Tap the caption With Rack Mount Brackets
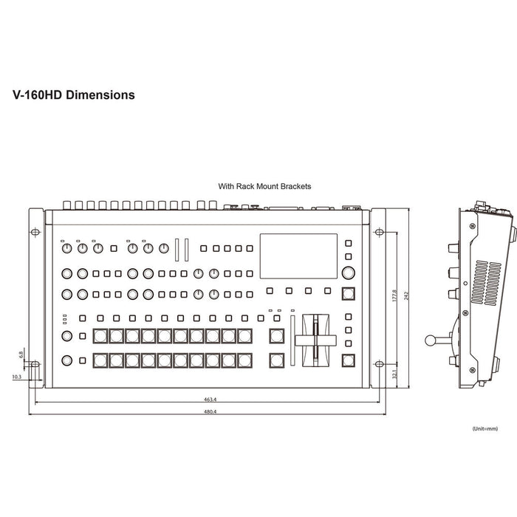tap(264, 188)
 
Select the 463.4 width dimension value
tap(210, 399)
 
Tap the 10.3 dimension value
tap(16, 377)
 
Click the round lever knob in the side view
tap(431, 340)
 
